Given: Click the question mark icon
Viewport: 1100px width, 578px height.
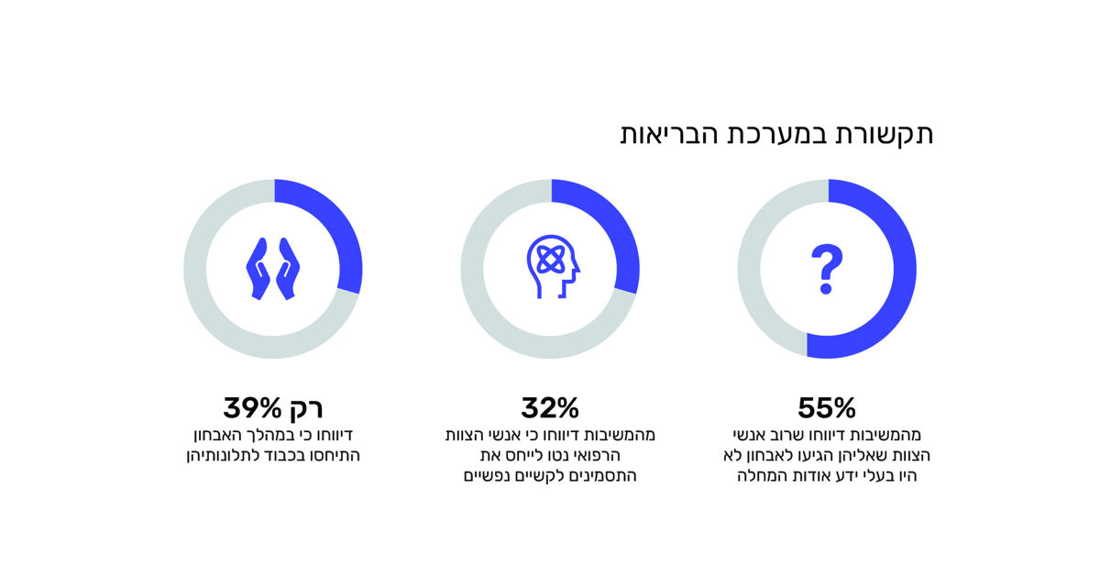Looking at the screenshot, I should pos(826,268).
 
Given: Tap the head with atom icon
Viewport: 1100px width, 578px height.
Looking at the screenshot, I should pos(552,266).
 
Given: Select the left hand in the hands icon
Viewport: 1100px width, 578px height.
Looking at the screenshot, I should pos(258,268).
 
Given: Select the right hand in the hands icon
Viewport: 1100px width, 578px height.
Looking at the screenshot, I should pos(288,268).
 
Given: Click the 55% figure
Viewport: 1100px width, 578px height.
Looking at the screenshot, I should pos(826,407).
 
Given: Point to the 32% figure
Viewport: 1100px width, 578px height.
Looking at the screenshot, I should pos(550,407).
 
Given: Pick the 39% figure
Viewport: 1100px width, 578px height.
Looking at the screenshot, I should pos(252,407).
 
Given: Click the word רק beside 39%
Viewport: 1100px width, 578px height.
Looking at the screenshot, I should pos(306,407).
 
